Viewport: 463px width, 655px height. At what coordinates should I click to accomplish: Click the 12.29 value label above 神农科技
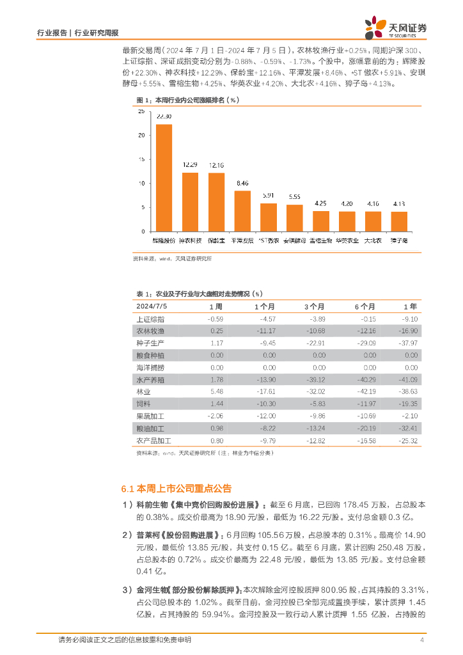(190, 165)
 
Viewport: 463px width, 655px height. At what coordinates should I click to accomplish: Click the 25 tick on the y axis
(141, 112)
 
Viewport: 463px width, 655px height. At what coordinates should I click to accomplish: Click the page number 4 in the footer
(422, 640)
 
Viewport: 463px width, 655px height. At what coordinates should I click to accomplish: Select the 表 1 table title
(199, 294)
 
